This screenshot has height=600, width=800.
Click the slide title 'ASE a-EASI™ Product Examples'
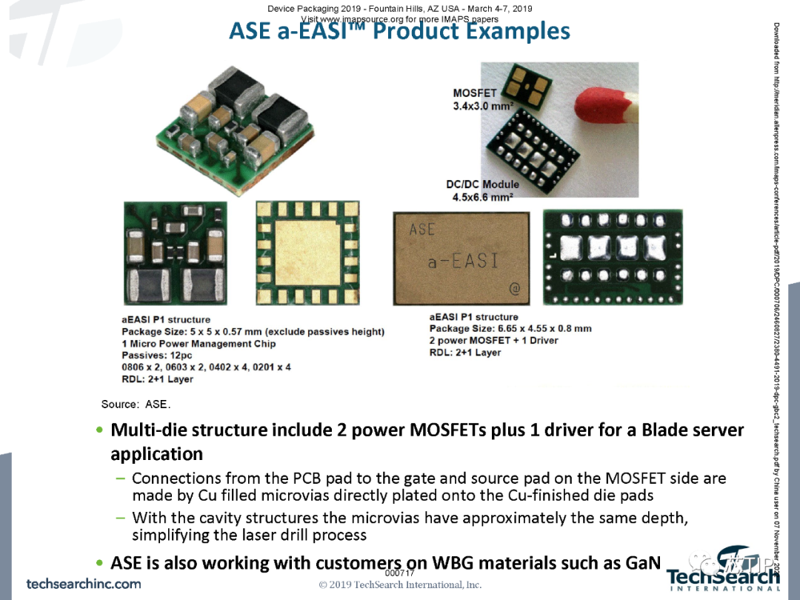click(x=399, y=31)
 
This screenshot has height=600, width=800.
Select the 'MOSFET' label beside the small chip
click(x=475, y=93)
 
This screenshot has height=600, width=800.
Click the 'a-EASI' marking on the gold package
click(x=464, y=261)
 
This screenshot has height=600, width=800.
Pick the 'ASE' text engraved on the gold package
click(x=422, y=230)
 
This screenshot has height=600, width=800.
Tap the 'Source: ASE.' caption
click(x=136, y=404)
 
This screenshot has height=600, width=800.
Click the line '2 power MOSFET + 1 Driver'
click(x=493, y=341)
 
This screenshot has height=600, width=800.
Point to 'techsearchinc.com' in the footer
click(x=84, y=583)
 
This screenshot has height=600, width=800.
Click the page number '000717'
click(x=399, y=573)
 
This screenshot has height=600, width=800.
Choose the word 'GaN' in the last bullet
click(x=642, y=563)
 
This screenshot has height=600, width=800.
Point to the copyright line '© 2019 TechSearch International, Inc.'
click(x=400, y=584)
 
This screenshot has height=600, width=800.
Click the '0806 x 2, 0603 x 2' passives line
click(x=207, y=367)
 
